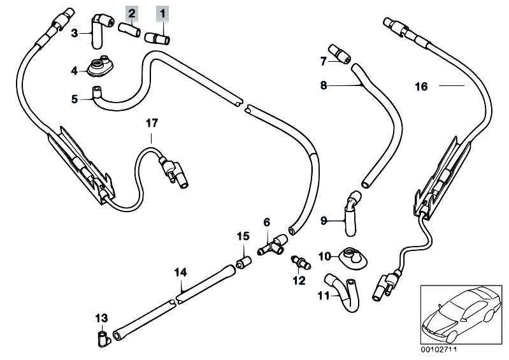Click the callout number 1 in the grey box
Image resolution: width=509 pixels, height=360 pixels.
[x=162, y=12]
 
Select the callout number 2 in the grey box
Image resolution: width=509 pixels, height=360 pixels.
[x=131, y=12]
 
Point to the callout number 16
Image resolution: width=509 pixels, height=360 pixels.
[x=440, y=85]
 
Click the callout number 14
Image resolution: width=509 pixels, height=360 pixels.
[x=181, y=272]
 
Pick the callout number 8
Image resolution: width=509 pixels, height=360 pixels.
[x=324, y=84]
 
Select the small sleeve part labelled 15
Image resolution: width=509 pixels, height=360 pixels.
[x=243, y=263]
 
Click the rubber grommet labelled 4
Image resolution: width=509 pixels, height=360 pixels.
[x=99, y=67]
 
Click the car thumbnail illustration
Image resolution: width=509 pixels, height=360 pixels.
[x=461, y=313]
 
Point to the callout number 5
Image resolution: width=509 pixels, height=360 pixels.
[x=75, y=99]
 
